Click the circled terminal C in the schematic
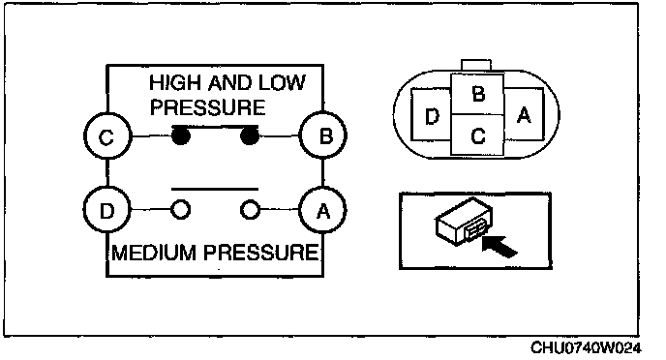click(107, 136)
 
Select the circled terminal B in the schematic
click(323, 135)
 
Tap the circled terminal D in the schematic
click(106, 210)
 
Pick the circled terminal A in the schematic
click(322, 210)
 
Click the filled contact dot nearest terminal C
click(181, 136)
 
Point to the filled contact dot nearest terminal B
click(250, 135)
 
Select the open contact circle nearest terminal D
click(180, 210)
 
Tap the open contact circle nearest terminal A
click(250, 210)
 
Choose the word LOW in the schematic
click(282, 82)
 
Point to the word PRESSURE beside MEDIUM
click(260, 253)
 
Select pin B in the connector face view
click(478, 94)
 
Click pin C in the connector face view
click(478, 135)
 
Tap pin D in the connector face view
click(431, 114)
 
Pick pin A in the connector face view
click(524, 114)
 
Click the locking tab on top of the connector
click(476, 66)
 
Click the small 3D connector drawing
click(464, 221)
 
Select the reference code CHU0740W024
click(586, 347)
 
